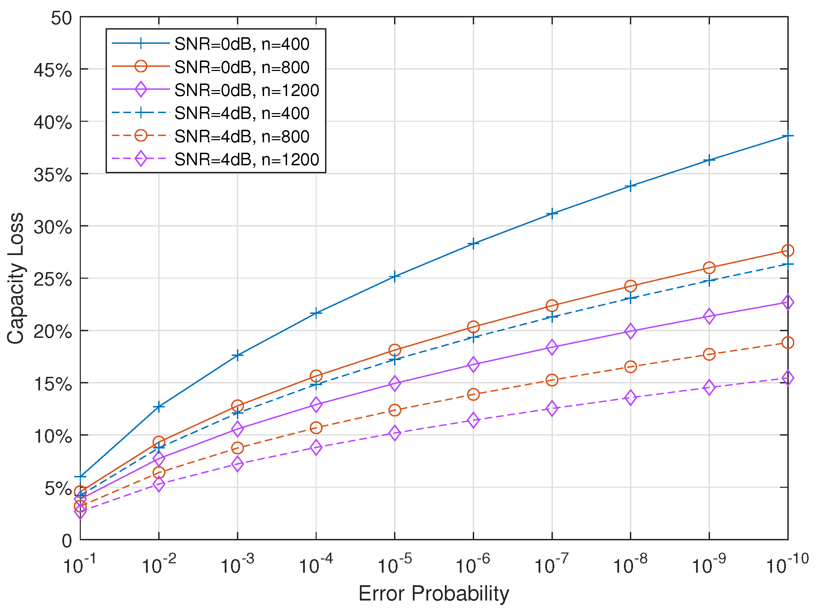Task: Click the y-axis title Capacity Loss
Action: click(x=16, y=278)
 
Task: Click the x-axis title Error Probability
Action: click(x=433, y=594)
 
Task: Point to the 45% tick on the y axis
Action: click(x=53, y=70)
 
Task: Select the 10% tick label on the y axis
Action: click(x=53, y=436)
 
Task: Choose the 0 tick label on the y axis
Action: click(x=67, y=541)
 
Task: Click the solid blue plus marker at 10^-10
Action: click(x=788, y=136)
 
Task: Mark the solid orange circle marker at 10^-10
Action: click(x=788, y=251)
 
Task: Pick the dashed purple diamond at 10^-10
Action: click(x=788, y=378)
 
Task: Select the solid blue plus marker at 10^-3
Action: click(x=237, y=356)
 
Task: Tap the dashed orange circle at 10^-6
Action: click(x=473, y=395)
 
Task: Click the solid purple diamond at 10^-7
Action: click(x=552, y=347)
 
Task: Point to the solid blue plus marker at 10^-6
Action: click(x=473, y=244)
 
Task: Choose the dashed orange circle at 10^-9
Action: click(x=709, y=355)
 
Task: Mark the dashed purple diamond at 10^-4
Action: click(x=316, y=448)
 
